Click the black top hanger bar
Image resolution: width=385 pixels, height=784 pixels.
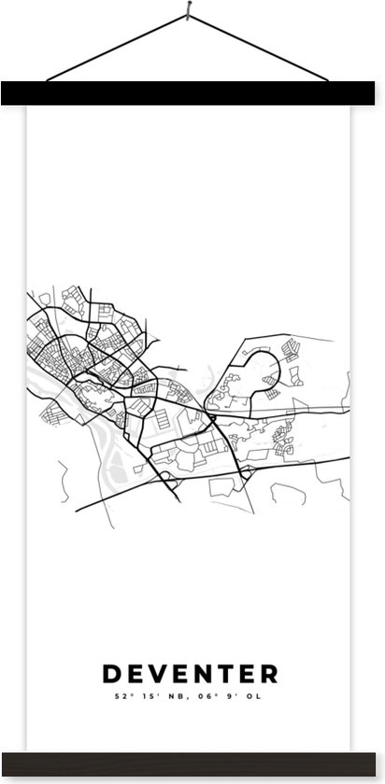click(x=192, y=92)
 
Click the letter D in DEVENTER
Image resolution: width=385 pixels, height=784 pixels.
click(x=111, y=674)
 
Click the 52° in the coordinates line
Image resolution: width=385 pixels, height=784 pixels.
click(x=121, y=696)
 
